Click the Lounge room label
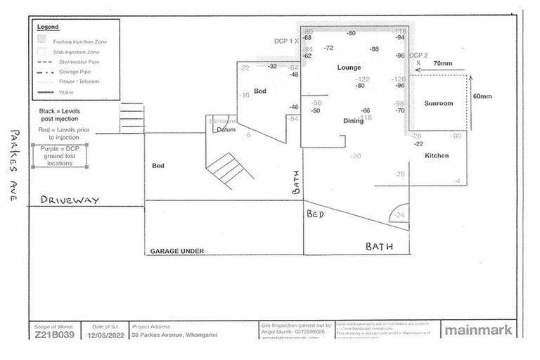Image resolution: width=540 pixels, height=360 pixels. coord(349,67)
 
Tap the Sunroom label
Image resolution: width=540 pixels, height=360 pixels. coord(438,103)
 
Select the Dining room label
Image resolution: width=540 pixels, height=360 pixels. coord(353,120)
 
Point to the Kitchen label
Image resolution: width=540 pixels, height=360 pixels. coord(437,155)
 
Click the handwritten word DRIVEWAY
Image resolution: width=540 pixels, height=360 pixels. coord(70,200)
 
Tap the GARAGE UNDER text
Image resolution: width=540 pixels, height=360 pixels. coord(176,250)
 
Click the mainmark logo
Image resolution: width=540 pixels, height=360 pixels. coord(478,329)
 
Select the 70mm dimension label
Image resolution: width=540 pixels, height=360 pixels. coord(443,63)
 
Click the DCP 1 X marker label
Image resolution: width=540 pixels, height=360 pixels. coord(286,41)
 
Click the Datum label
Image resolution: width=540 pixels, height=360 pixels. coord(226,130)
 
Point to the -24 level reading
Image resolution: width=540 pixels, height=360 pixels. coord(399,215)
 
